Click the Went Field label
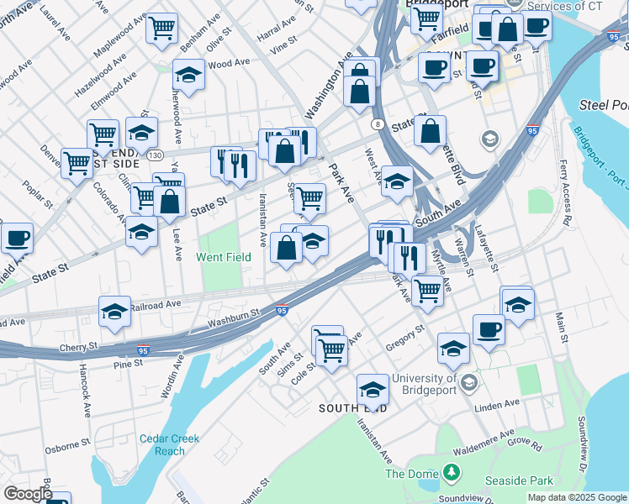(224, 257)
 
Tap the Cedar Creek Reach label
(158, 444)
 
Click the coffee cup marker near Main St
(489, 329)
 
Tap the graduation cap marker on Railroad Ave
(114, 311)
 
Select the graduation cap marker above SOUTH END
(373, 389)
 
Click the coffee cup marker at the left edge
(16, 237)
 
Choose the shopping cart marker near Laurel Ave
(161, 27)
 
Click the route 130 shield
(154, 155)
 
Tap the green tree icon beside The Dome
(452, 474)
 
